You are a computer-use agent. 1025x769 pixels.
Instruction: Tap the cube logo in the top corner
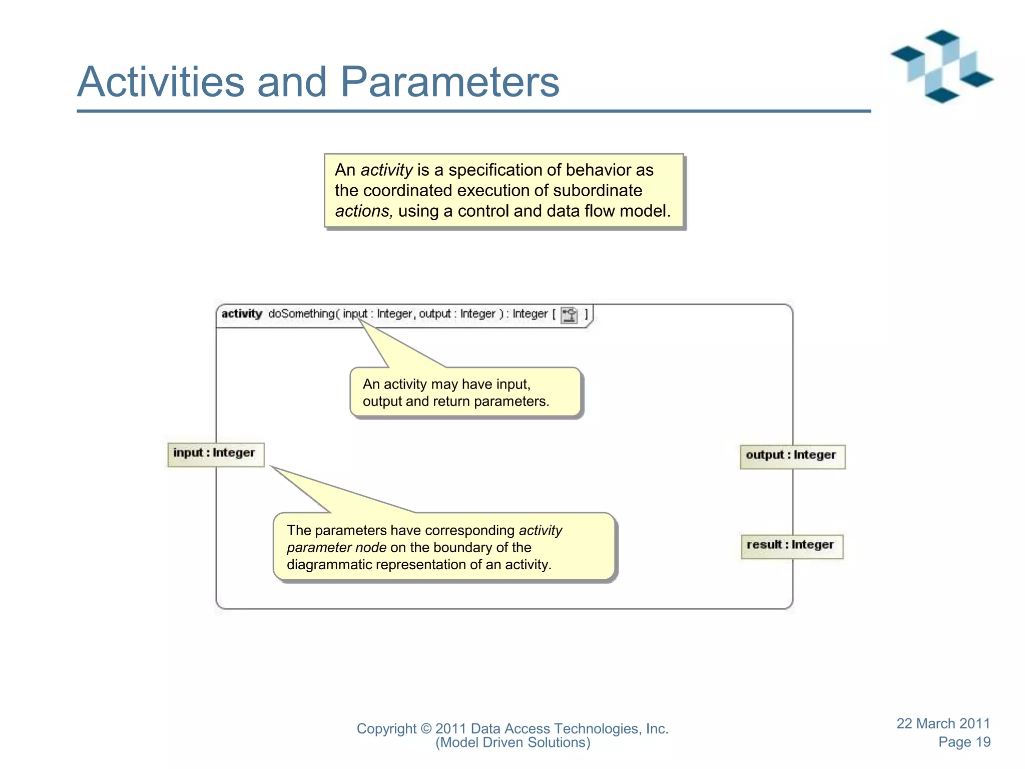pyautogui.click(x=941, y=66)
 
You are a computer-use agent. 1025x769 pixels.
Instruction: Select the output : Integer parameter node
pyautogui.click(x=792, y=456)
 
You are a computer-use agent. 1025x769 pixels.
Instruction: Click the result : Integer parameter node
pyautogui.click(x=791, y=546)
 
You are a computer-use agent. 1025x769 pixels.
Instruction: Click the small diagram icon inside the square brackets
pyautogui.click(x=569, y=315)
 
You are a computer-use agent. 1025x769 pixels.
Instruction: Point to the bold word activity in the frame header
pyautogui.click(x=242, y=314)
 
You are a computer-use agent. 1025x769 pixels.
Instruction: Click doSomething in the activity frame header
pyautogui.click(x=301, y=314)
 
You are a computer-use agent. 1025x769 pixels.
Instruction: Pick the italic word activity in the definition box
pyautogui.click(x=386, y=170)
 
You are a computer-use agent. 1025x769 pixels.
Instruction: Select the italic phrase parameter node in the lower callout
pyautogui.click(x=336, y=548)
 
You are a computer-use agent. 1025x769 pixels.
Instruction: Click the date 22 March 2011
pyautogui.click(x=943, y=723)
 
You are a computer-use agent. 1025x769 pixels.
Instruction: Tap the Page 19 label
pyautogui.click(x=964, y=742)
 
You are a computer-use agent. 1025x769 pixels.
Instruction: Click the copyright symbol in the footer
pyautogui.click(x=425, y=729)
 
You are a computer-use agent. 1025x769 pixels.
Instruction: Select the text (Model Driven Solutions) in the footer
pyautogui.click(x=512, y=742)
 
